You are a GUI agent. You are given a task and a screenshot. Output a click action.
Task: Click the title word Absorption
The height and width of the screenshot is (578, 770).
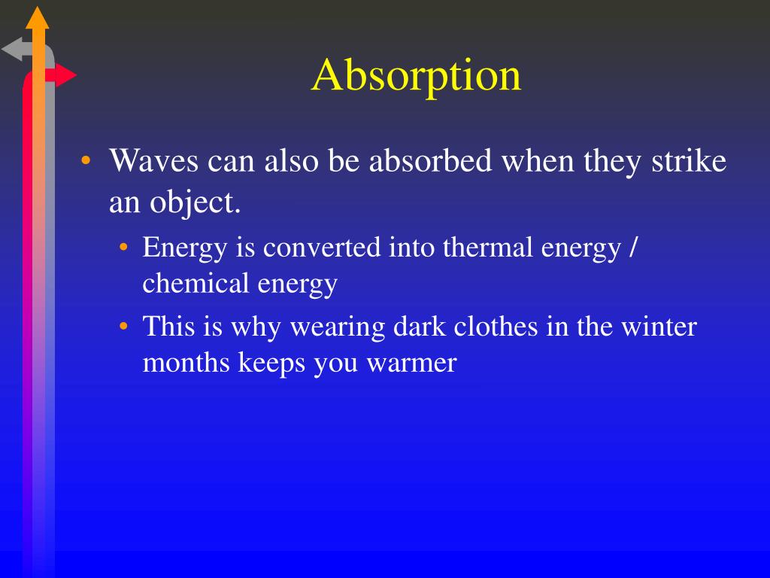(417, 77)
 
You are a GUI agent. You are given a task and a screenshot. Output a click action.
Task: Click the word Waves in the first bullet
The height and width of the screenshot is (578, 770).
(153, 162)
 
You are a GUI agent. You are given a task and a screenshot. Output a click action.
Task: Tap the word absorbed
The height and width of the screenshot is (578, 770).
(431, 162)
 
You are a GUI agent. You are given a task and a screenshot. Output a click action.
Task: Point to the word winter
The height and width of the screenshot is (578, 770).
(658, 327)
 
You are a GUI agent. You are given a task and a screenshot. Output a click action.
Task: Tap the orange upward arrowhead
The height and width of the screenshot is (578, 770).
(37, 17)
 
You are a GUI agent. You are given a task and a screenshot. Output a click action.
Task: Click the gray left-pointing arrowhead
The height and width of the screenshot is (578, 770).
(13, 50)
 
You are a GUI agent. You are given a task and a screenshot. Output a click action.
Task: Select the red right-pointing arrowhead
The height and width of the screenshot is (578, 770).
(66, 75)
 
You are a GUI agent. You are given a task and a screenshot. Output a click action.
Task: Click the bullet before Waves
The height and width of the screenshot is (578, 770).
(87, 163)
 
